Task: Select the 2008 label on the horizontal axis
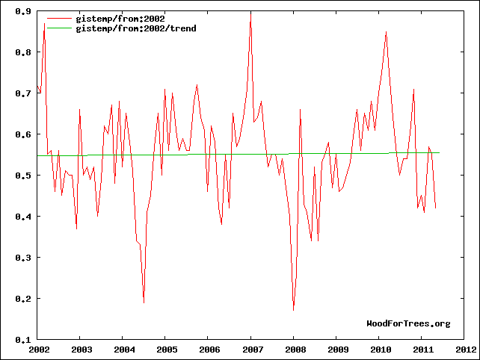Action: [295, 349]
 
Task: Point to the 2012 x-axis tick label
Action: [465, 349]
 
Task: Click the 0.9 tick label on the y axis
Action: [23, 12]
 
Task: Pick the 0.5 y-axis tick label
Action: [23, 176]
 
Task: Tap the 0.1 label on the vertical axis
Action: [23, 340]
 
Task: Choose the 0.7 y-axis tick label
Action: [23, 93]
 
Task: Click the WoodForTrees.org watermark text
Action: [408, 323]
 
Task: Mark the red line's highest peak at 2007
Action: [250, 11]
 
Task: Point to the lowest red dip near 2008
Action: [294, 310]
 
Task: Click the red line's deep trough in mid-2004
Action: [144, 302]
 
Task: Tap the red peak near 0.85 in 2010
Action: [386, 32]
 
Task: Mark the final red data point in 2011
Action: [436, 208]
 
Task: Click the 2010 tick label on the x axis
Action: [380, 349]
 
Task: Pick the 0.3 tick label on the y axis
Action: [23, 258]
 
